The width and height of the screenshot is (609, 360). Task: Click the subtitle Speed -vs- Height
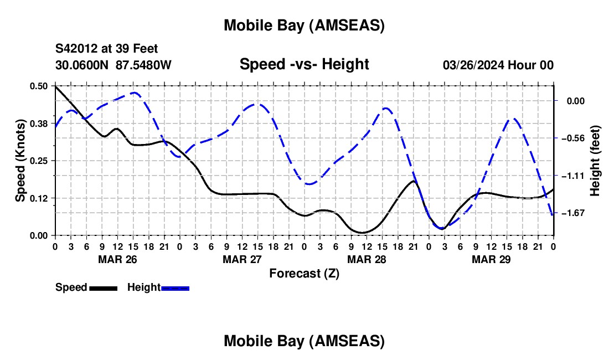point(304,64)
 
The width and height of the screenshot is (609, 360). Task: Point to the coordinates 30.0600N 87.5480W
point(113,65)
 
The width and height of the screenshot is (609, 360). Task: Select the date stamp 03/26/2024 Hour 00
point(498,65)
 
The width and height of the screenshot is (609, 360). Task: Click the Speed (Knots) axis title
point(20,161)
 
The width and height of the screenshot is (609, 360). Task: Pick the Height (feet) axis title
point(595,161)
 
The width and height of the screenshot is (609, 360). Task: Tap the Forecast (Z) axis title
point(304,273)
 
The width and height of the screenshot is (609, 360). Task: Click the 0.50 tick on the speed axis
point(40,86)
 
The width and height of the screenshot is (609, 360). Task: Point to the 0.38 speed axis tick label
point(40,124)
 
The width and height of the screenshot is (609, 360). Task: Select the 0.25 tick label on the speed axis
point(40,161)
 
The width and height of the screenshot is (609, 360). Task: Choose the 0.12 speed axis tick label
point(40,198)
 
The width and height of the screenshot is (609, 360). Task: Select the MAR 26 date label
point(117,259)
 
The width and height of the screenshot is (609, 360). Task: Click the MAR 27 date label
point(242,259)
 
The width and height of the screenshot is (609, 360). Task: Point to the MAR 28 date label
point(367,259)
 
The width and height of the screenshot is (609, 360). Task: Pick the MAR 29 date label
point(491,259)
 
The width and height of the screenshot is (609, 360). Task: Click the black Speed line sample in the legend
point(103,288)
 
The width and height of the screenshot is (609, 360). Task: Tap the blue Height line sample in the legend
point(175,288)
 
